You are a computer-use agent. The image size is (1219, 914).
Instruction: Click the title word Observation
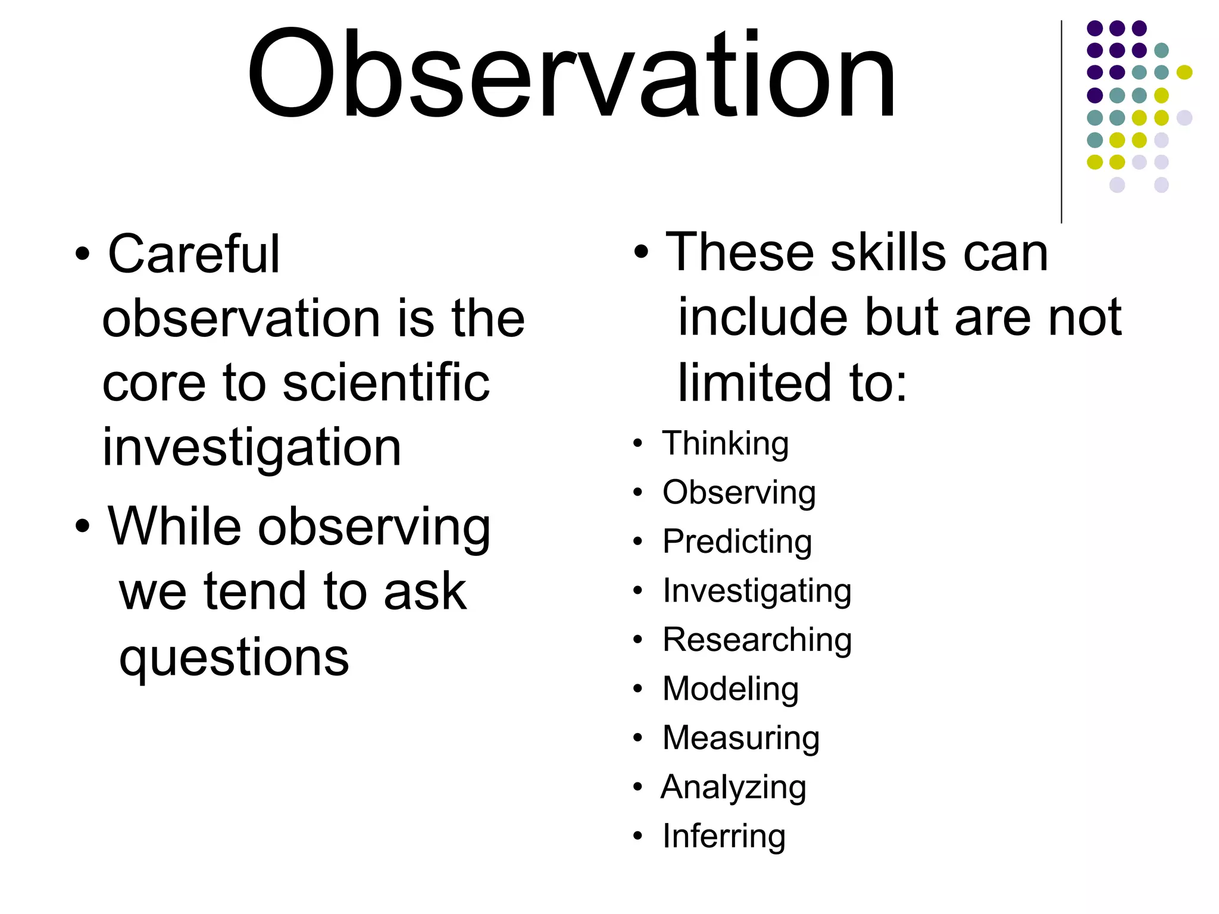571,74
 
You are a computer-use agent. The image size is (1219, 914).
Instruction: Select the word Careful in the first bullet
193,255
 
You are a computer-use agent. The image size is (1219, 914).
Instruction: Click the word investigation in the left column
252,447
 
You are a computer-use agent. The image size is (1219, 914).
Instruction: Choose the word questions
234,658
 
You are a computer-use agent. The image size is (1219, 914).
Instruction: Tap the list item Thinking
726,444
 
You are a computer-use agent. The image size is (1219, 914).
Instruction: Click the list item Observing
739,493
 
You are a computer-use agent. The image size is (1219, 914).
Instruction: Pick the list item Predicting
737,542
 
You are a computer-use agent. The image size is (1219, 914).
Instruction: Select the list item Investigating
757,591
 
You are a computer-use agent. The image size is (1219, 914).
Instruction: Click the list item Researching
757,640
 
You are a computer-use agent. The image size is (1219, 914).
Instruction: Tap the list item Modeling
730,689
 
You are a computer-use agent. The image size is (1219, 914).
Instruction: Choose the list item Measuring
741,738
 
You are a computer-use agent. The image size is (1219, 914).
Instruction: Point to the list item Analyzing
734,787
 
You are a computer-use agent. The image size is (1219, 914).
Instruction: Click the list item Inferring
724,836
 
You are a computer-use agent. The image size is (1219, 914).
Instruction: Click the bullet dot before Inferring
638,836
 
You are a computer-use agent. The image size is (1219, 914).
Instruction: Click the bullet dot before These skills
641,252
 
